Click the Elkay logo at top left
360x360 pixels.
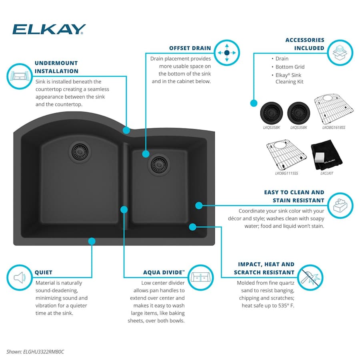coord(49,29)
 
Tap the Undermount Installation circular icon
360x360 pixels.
coord(19,75)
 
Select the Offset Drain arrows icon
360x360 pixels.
coord(227,52)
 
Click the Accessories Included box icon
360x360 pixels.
coord(340,52)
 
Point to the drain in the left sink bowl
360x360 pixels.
coord(81,151)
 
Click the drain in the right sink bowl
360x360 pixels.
coord(159,164)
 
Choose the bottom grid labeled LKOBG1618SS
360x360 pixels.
coord(333,110)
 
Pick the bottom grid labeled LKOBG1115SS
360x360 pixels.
coord(286,156)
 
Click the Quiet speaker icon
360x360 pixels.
coord(19,277)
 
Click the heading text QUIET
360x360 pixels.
coord(43,272)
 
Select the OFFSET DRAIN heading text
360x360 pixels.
coord(190,48)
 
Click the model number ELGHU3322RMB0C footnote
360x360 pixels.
coord(35,352)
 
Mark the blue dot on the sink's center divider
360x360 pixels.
coord(124,209)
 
